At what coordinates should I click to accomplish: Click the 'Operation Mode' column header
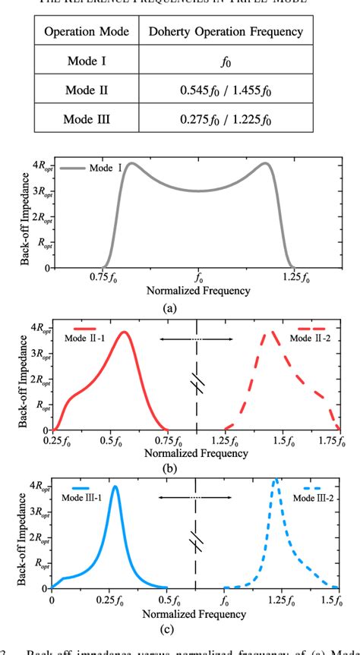(85, 33)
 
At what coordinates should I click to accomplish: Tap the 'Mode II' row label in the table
(85, 90)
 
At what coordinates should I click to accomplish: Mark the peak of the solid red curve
(125, 332)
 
